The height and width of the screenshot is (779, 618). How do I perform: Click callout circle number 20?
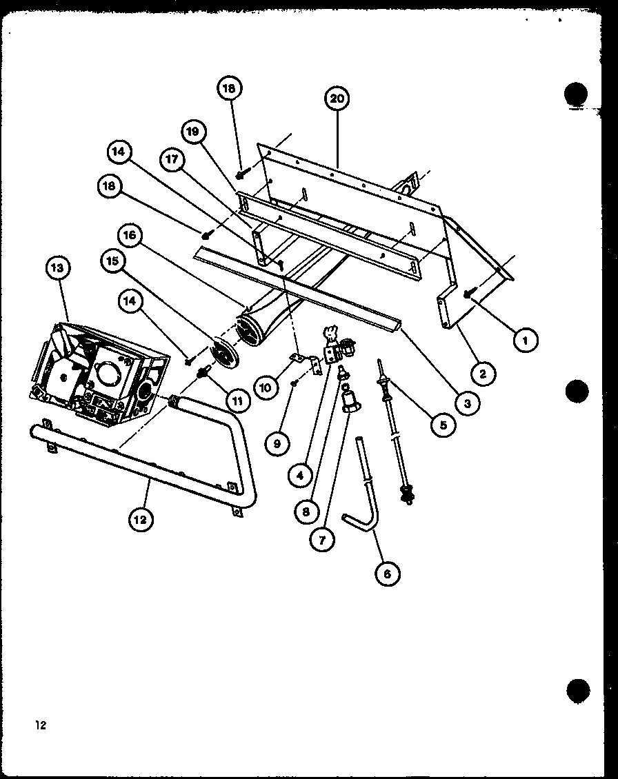coord(337,99)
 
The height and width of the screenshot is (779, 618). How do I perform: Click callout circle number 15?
coord(113,261)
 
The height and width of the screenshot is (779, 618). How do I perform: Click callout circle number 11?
coord(237,398)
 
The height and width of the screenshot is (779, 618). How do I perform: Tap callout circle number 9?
coord(277,444)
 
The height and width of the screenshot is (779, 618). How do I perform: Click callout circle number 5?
coord(442,425)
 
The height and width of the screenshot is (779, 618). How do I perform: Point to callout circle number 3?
coord(467,403)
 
